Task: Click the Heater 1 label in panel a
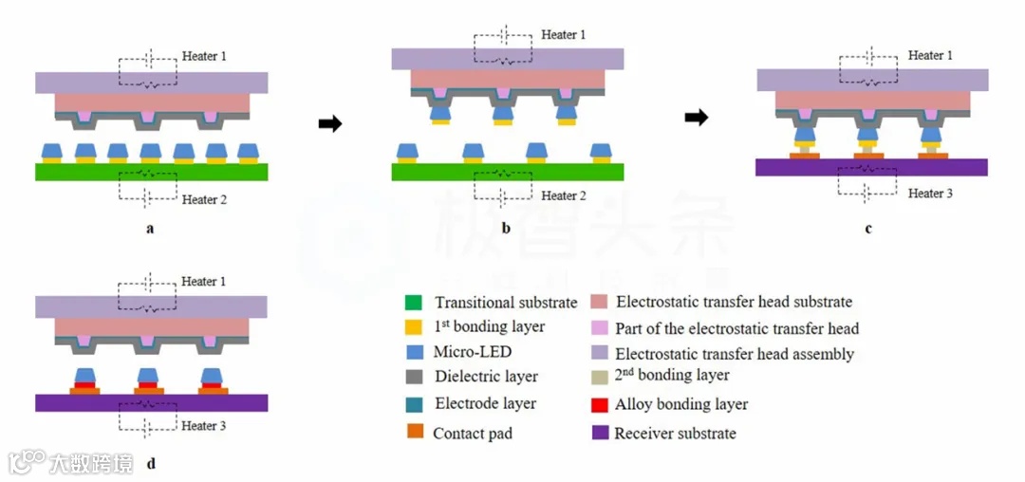[x=205, y=57]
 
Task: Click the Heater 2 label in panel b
[x=560, y=196]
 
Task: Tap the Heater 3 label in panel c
[x=925, y=194]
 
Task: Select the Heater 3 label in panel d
[x=204, y=426]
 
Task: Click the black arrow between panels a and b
[x=330, y=123]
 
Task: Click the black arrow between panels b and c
[x=696, y=118]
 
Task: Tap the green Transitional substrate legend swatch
[x=413, y=304]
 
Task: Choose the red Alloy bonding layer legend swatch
[x=599, y=405]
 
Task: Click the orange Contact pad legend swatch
[x=413, y=433]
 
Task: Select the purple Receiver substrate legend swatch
[x=599, y=434]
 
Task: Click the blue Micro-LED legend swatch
[x=413, y=352]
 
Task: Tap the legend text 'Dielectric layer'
[x=486, y=377]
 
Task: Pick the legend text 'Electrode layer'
[x=485, y=403]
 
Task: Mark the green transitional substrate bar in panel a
[x=152, y=172]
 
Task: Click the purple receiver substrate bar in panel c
[x=871, y=167]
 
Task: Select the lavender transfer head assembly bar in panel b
[x=507, y=59]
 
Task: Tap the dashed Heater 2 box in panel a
[x=147, y=186]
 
